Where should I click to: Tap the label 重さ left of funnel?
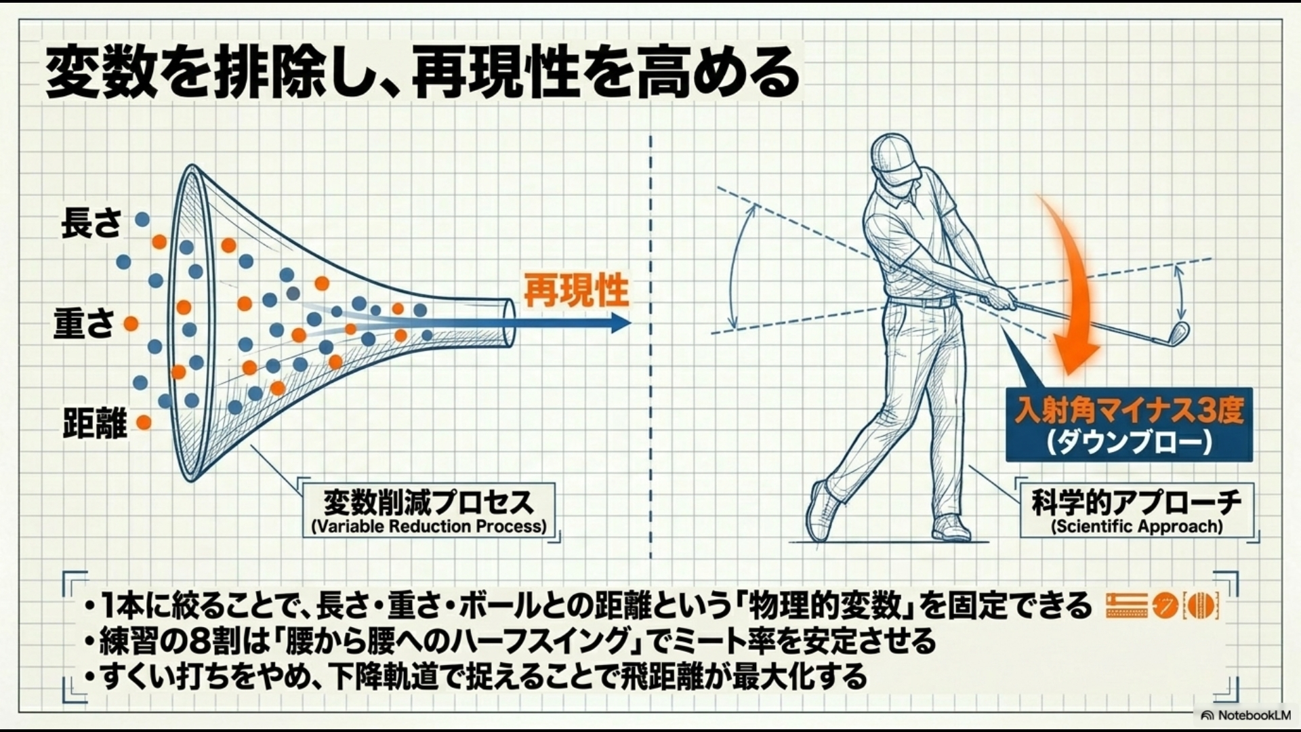pos(84,323)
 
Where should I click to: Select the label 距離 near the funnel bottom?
pos(95,424)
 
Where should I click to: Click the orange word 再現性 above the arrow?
pos(576,291)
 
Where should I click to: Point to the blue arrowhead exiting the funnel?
pos(619,323)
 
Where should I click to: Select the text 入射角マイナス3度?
pos(1129,411)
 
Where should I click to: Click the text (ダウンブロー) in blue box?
pos(1129,443)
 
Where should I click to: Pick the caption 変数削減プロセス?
pos(428,502)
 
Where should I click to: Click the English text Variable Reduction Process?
pos(428,527)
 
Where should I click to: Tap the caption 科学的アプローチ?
pos(1136,502)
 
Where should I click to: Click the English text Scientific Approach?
pos(1136,527)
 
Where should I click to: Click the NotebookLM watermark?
pos(1247,715)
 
